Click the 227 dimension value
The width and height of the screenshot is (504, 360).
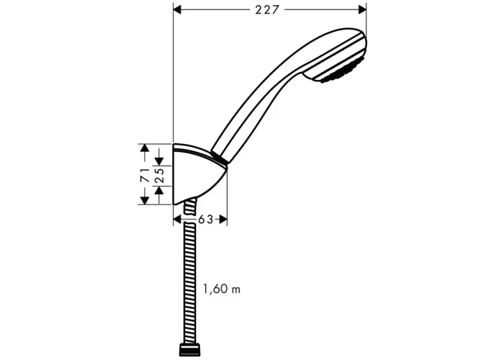coord(267,10)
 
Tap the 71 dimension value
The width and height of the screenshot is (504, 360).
coord(145,175)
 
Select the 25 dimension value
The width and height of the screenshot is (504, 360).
coord(160,176)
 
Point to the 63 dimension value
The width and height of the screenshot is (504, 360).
coord(205,220)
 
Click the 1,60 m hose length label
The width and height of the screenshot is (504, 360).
coord(222,289)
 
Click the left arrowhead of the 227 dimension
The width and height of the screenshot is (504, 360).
coord(177,9)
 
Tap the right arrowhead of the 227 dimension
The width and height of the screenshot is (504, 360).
coord(362,9)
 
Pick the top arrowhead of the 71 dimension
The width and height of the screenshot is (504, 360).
coord(145,148)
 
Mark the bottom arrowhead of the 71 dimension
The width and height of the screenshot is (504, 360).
coord(145,200)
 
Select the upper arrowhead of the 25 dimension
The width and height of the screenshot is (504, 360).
coord(159,162)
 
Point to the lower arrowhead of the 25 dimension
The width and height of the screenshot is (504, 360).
coord(159,191)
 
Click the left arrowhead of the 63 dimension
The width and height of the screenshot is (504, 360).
coord(177,220)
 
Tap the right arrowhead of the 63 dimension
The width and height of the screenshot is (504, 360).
coord(223,220)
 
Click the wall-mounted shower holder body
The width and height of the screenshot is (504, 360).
coord(195,174)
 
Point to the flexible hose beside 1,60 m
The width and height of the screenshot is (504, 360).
coord(189,283)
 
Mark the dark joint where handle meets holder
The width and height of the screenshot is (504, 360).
coord(220,158)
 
